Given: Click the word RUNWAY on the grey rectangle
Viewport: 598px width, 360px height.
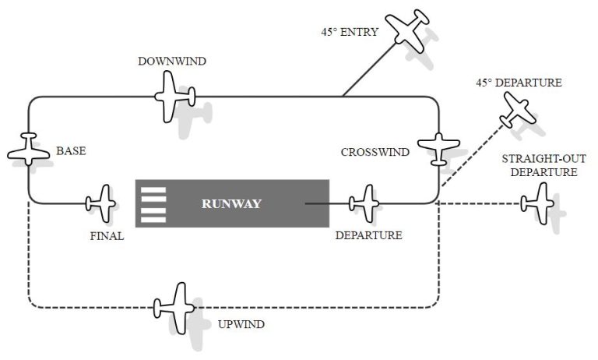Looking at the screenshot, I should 231,204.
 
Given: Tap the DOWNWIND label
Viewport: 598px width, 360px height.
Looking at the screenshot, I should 172,62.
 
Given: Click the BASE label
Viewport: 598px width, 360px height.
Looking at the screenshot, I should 71,151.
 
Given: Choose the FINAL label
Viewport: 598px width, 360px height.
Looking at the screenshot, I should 107,236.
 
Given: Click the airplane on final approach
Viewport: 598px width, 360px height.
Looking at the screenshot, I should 101,203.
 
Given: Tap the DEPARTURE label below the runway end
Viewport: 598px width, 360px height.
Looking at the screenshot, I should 368,235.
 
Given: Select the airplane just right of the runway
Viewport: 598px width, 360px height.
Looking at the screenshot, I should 364,203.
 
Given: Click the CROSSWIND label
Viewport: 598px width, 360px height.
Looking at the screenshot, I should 375,152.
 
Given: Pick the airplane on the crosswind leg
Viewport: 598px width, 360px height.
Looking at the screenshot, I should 438,147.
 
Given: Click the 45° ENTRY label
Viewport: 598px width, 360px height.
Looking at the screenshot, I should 350,33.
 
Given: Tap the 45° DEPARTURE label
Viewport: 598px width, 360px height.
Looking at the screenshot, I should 518,83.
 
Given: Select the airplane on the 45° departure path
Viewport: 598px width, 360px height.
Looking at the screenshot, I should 518,108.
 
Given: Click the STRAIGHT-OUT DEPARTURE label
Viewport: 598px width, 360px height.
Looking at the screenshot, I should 543,165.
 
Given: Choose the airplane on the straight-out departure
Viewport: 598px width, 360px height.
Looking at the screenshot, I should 538,204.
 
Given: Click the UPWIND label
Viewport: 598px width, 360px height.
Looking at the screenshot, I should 241,323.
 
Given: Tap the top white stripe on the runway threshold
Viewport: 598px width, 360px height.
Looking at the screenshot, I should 154,190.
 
